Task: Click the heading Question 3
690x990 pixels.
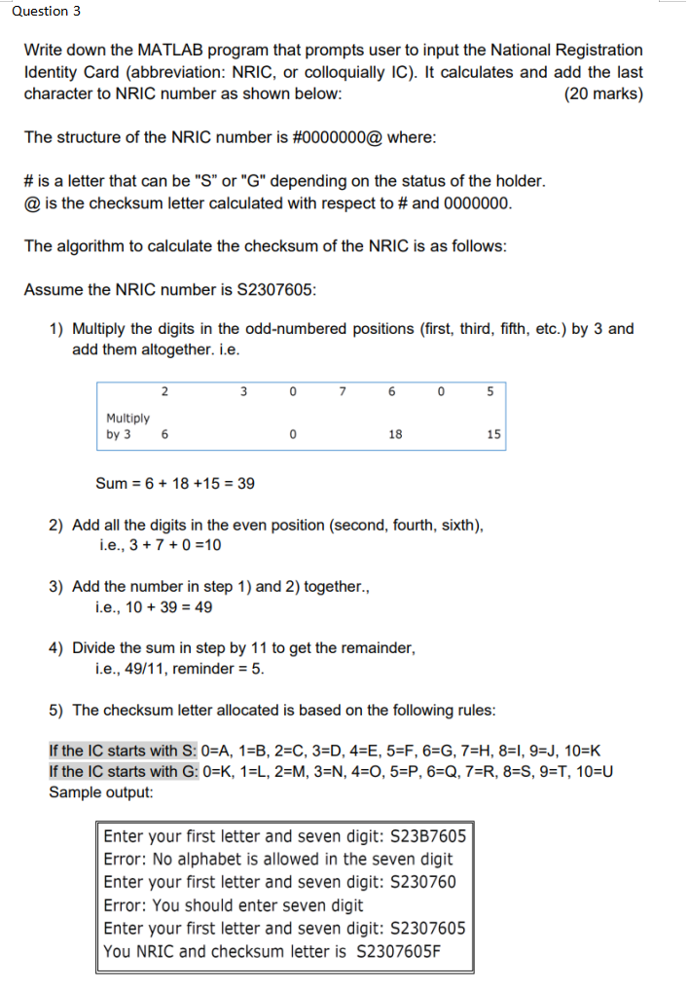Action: coord(41,11)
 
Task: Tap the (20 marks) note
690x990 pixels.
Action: coord(603,94)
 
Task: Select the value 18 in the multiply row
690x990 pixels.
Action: coord(395,435)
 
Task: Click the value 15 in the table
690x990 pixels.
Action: coord(492,435)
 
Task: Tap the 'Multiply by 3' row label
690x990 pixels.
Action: coord(127,426)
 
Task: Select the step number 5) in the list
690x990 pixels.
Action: coord(56,710)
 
